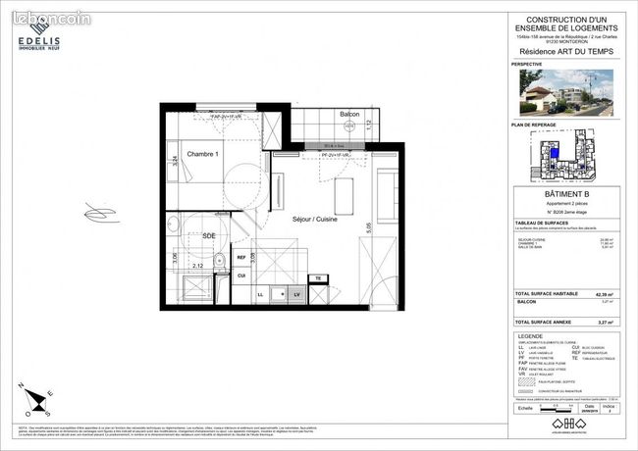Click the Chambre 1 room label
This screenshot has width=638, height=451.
(x=202, y=155)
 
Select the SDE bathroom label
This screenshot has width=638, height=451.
(x=208, y=235)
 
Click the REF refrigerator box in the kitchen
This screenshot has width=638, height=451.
(x=241, y=258)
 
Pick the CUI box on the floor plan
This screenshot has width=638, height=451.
(x=241, y=276)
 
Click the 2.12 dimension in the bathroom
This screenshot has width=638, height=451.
(x=196, y=265)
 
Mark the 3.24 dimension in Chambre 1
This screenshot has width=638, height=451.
(x=175, y=162)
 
